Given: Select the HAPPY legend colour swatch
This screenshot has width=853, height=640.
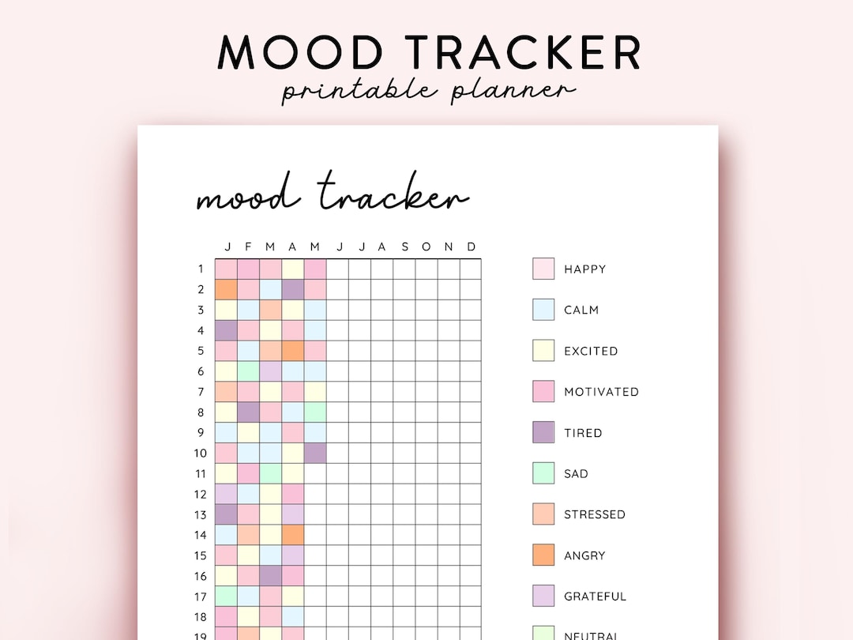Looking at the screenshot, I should point(543,269).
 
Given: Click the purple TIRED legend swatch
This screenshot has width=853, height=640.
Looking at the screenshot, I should point(543,432).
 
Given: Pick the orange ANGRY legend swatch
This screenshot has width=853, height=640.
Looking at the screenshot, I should point(543,555).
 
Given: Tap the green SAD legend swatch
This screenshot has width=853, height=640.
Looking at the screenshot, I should point(543,473).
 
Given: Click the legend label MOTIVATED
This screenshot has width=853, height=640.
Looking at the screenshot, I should point(601,392).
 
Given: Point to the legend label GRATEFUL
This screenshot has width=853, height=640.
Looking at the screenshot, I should point(595,597).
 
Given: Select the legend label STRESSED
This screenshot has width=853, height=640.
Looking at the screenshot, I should point(594,514).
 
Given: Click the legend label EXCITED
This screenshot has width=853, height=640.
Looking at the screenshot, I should point(591,351).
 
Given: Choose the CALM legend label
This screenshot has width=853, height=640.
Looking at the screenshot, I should point(581,310).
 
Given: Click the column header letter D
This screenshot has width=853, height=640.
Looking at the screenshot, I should point(471,247).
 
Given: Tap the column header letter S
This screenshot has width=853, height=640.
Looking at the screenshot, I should point(404,247).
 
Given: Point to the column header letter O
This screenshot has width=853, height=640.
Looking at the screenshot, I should point(426,247).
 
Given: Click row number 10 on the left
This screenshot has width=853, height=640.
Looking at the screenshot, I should point(201,453).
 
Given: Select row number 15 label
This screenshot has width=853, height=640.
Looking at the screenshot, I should point(201,555).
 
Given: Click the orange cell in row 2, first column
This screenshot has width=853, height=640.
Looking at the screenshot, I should point(226,289).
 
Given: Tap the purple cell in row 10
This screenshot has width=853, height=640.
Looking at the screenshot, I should point(315,453).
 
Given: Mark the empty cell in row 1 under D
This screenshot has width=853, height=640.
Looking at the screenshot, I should point(471,269).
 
